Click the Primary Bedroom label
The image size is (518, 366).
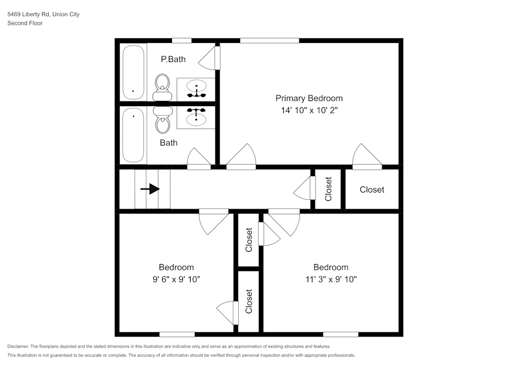pyautogui.click(x=309, y=98)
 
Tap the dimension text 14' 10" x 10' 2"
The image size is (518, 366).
pyautogui.click(x=309, y=110)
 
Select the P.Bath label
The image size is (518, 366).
pyautogui.click(x=173, y=59)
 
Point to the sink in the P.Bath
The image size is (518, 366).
pyautogui.click(x=196, y=89)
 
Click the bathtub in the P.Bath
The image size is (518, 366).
pyautogui.click(x=133, y=72)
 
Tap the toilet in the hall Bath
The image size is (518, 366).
pyautogui.click(x=163, y=119)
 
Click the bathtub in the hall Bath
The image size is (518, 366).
pyautogui.click(x=133, y=135)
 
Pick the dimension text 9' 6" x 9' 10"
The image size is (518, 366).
pyautogui.click(x=176, y=279)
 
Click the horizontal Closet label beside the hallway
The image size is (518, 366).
pyautogui.click(x=372, y=189)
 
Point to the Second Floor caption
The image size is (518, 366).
pyautogui.click(x=25, y=23)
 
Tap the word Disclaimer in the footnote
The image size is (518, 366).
pyautogui.click(x=18, y=346)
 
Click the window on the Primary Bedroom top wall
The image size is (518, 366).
pyautogui.click(x=269, y=40)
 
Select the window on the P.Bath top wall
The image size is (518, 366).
pyautogui.click(x=181, y=40)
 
